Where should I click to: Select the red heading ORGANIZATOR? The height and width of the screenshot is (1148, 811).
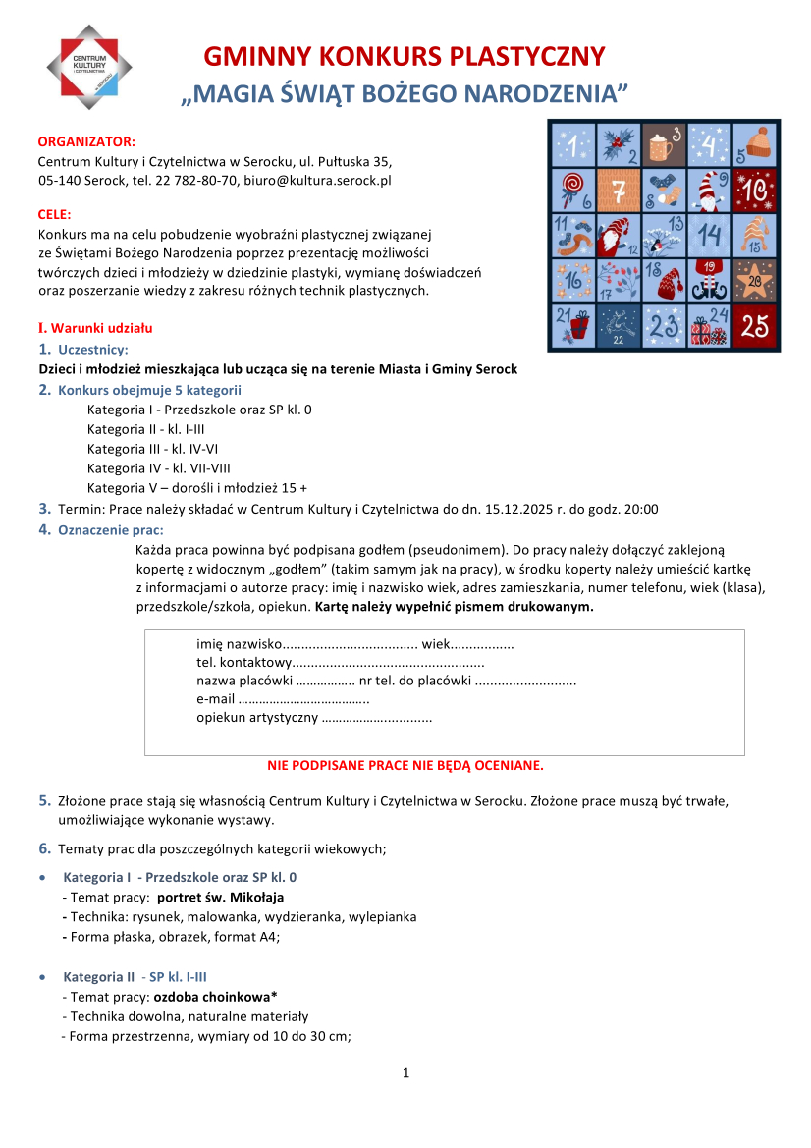click(86, 142)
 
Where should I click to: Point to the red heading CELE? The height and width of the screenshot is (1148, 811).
click(55, 214)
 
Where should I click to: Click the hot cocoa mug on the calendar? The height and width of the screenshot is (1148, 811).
click(663, 147)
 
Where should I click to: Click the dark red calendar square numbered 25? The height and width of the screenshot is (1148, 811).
click(754, 326)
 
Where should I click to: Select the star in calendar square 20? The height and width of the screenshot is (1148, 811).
click(753, 280)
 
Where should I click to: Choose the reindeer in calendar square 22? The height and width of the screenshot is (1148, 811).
click(618, 324)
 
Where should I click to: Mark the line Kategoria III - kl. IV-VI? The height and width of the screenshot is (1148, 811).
click(152, 449)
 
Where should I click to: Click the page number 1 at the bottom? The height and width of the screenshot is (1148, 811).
click(405, 1073)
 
